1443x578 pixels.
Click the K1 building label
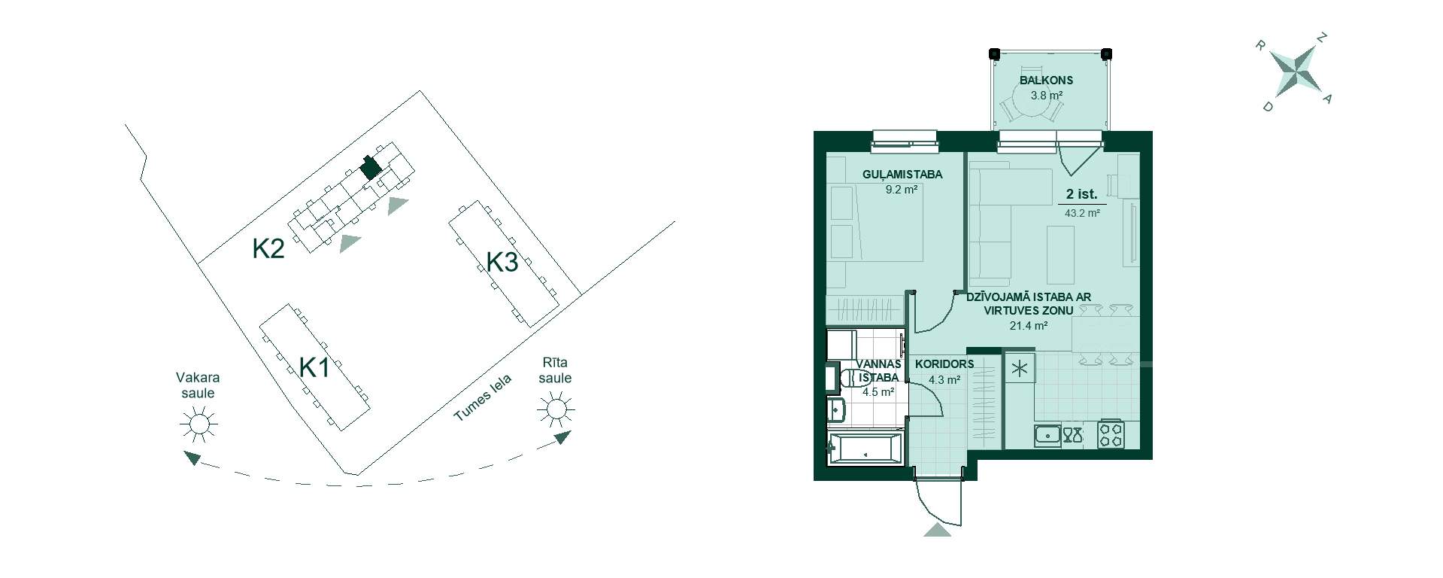point(314,369)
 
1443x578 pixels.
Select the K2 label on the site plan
point(268,248)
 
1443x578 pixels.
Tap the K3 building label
point(502,263)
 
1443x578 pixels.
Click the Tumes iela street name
point(482,398)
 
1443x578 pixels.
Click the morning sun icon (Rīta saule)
point(556,409)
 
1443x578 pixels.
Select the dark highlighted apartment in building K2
point(369,166)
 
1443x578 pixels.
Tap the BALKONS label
point(1046,81)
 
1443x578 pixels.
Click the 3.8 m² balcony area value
point(1046,96)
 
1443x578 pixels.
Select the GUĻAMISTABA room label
point(902,175)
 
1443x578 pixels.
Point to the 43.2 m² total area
point(1082,213)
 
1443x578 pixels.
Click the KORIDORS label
point(944,364)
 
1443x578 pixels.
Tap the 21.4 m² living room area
point(1029,326)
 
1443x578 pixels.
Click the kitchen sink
point(1047,436)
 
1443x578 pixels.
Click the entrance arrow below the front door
point(937,529)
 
